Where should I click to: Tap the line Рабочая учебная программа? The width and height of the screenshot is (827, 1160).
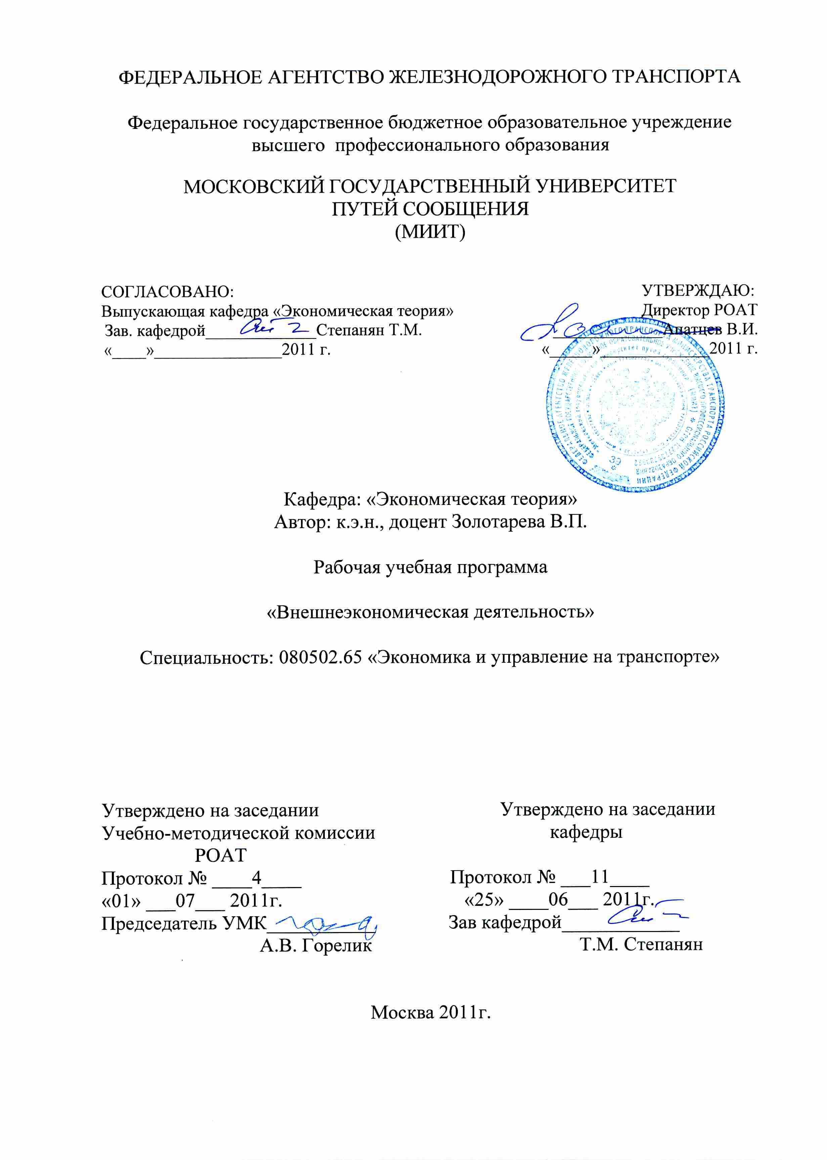coord(430,566)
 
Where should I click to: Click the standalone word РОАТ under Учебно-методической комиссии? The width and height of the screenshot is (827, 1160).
coord(220,855)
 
